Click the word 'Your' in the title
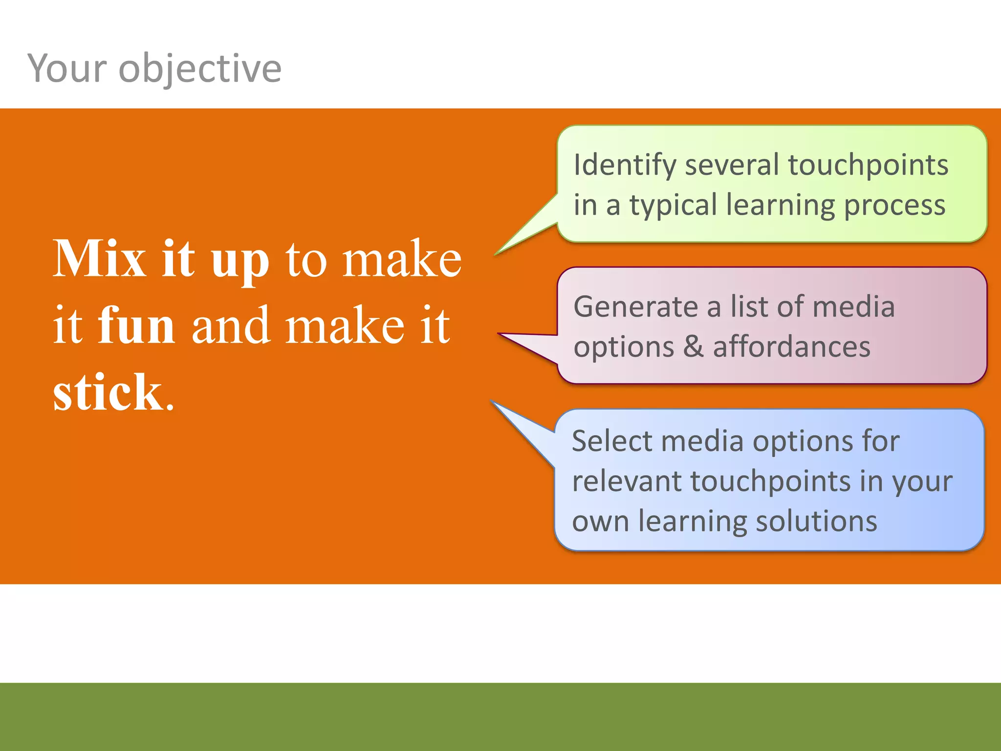[67, 68]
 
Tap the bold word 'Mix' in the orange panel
[100, 259]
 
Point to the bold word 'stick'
[108, 393]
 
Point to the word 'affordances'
[792, 347]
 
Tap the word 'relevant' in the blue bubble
[627, 482]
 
